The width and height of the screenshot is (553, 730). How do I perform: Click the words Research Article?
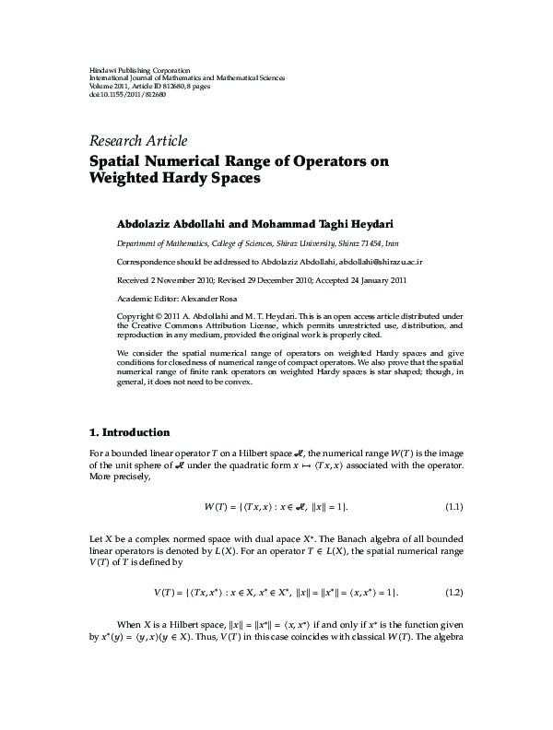(137, 141)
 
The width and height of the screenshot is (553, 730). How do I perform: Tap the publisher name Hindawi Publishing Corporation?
(126, 71)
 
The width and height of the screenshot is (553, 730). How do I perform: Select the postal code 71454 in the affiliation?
(370, 243)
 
